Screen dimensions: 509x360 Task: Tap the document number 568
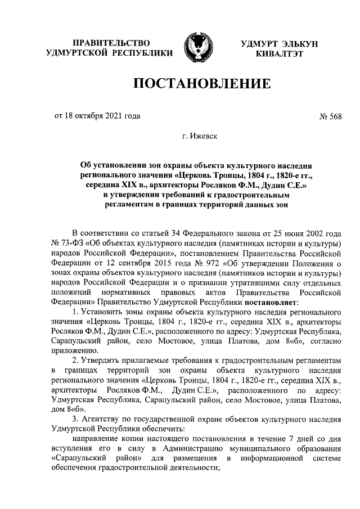click(x=336, y=117)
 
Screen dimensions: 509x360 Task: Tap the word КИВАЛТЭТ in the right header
click(x=279, y=54)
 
